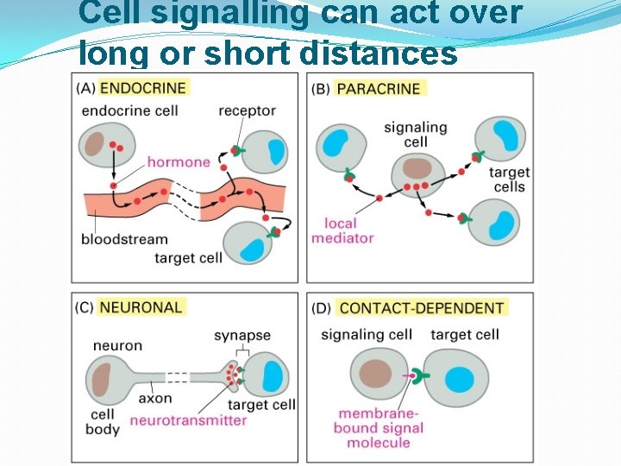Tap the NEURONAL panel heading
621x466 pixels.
(142, 307)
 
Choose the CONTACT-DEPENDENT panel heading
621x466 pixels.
(422, 308)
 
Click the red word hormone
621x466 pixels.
(179, 161)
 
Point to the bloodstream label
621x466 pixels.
(126, 239)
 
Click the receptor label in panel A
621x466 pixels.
(247, 110)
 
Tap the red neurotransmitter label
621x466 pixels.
(188, 420)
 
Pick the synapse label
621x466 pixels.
(241, 335)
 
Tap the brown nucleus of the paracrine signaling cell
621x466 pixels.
(417, 168)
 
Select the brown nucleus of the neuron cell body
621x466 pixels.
(103, 376)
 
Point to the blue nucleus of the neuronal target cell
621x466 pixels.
(273, 375)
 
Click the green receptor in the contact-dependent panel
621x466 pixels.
(421, 376)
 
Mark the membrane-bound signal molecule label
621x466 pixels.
(379, 428)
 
